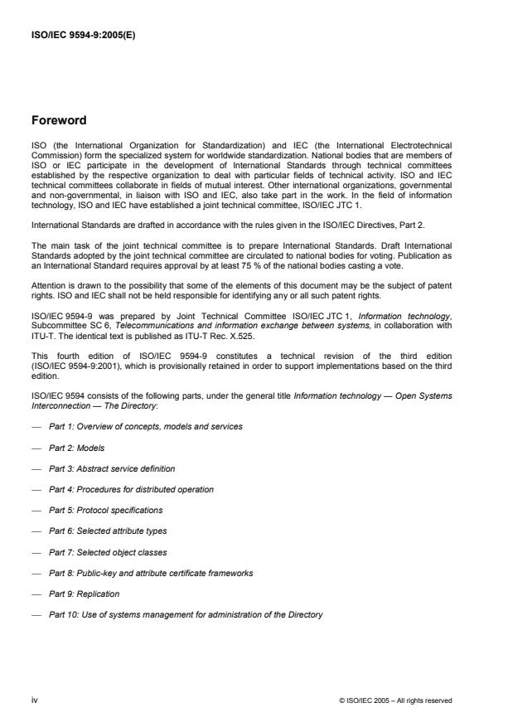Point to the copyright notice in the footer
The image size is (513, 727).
[x=395, y=701]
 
